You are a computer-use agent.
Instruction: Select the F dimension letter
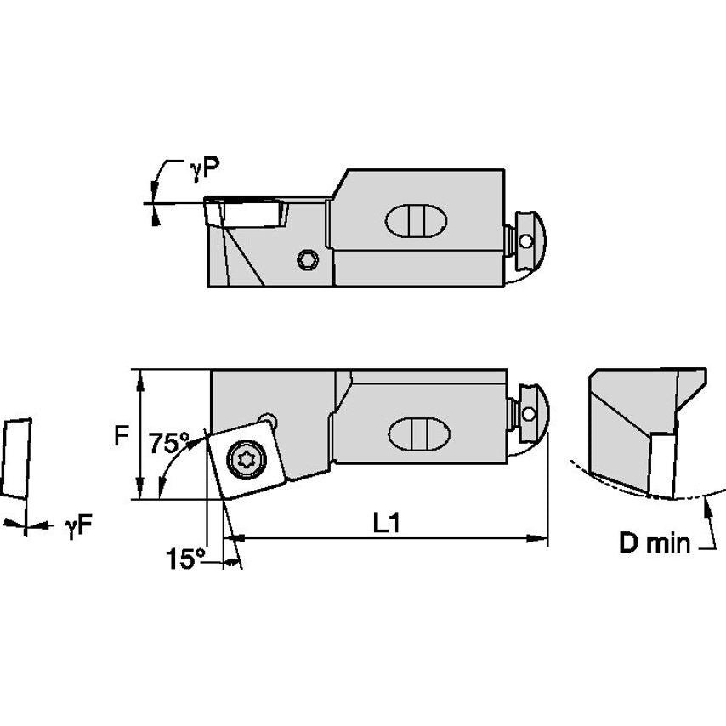tap(122, 436)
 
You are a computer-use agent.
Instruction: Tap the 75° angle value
tap(169, 443)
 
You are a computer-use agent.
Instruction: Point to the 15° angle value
tap(185, 559)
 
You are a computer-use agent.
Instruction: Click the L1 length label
tap(388, 524)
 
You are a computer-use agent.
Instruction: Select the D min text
tap(655, 543)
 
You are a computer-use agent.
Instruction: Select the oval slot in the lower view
tap(417, 435)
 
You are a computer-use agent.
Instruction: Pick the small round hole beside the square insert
tap(269, 420)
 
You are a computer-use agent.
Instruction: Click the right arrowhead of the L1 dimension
tap(538, 538)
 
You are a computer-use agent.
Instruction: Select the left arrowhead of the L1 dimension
tap(232, 538)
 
